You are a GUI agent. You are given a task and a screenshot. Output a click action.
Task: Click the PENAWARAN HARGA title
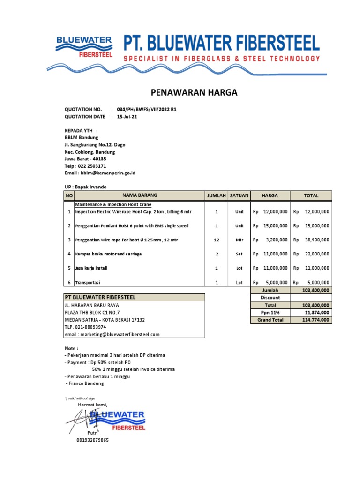[194, 93]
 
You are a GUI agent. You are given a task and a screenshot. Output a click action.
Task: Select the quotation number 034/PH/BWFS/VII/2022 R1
[147, 109]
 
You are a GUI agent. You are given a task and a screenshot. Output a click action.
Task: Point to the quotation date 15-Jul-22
[127, 116]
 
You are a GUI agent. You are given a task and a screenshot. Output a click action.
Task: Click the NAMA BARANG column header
[140, 195]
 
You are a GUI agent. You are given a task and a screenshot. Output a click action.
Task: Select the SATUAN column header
[239, 195]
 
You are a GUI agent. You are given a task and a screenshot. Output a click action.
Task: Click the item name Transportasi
[88, 283]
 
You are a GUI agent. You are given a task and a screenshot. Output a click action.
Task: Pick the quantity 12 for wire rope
[217, 240]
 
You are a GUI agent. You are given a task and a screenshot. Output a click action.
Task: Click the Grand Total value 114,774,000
[317, 320]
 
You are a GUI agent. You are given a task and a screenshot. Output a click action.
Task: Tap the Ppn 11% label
[270, 312]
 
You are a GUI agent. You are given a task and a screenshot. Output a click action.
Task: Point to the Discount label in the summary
[270, 298]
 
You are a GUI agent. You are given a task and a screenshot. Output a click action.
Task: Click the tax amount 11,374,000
[317, 312]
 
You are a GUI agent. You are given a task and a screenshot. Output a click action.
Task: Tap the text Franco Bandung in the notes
[86, 383]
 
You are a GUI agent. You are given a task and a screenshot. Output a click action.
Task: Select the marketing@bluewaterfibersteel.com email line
[112, 334]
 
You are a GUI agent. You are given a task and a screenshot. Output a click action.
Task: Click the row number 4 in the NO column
[69, 254]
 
